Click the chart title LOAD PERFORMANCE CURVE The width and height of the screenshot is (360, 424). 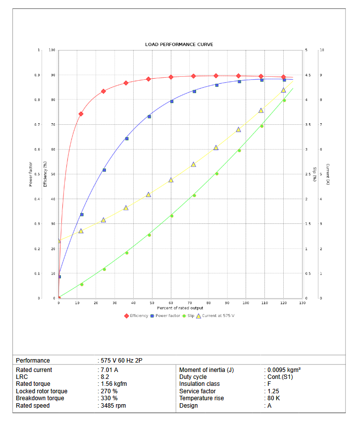179,45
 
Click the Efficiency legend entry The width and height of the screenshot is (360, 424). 139,316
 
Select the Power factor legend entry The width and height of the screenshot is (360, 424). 167,316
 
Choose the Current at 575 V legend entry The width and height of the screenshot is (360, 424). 218,316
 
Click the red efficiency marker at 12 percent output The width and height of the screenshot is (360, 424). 81,114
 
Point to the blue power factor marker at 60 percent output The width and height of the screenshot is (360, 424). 172,102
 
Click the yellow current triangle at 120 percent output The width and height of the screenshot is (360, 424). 284,90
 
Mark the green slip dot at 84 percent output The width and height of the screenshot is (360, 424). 217,174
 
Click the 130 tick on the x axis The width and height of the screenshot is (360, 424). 302,303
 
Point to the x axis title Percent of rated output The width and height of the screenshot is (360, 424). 180,308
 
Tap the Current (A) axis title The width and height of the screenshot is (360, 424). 328,174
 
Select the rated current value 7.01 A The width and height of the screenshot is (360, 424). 109,370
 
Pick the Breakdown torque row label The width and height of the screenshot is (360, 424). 40,398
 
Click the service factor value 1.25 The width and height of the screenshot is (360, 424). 272,391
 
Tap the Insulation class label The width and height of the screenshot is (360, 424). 199,384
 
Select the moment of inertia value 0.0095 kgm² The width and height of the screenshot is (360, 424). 284,370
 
